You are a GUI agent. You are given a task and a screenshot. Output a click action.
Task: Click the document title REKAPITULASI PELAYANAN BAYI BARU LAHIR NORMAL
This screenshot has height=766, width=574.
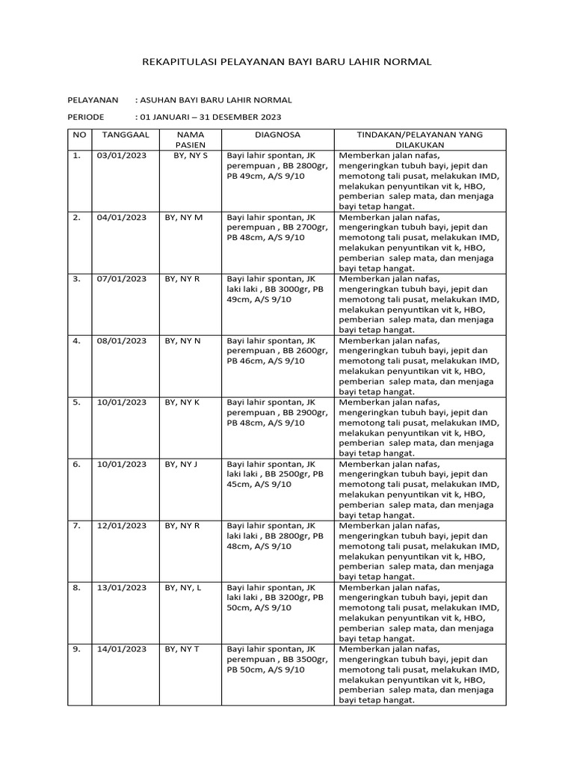(286, 62)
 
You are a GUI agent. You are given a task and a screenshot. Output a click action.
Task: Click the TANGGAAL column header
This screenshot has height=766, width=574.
(126, 135)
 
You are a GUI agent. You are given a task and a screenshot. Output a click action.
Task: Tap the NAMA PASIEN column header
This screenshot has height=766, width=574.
(189, 140)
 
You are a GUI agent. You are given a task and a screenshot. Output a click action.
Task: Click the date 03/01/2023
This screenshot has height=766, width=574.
(122, 156)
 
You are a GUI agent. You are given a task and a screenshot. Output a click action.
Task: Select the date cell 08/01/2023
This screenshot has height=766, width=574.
(122, 341)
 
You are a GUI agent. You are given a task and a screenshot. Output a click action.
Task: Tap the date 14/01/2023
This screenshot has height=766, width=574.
(122, 649)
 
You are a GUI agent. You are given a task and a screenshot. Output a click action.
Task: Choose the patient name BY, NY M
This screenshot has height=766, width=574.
(184, 218)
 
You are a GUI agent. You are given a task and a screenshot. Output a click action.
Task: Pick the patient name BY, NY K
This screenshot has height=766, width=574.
(182, 402)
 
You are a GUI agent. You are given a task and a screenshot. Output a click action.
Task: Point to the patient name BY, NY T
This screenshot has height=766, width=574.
(182, 649)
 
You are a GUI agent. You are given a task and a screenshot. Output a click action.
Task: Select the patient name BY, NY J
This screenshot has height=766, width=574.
(181, 465)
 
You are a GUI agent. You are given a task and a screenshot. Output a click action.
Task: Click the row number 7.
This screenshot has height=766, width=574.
(76, 526)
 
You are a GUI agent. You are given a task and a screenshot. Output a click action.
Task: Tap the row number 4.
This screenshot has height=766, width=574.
(76, 341)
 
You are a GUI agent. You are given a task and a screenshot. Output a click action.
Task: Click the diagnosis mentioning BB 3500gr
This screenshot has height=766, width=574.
(277, 660)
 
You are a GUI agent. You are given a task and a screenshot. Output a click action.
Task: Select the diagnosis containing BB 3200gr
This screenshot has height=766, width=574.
(275, 598)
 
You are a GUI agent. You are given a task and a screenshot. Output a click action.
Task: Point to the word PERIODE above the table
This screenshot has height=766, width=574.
(86, 117)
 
